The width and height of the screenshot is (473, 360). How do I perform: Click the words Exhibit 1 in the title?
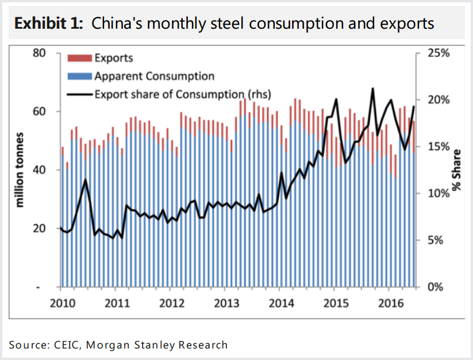tap(49, 24)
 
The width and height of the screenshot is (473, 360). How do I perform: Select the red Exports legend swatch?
tap(80, 58)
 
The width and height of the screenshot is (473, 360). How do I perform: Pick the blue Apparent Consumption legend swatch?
tap(80, 76)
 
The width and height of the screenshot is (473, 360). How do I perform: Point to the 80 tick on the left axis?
tap(38, 53)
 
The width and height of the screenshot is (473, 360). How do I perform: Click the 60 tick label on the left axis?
tap(38, 111)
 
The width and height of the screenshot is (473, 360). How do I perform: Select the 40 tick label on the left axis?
tap(38, 170)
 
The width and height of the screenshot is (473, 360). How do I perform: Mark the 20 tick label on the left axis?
tap(38, 229)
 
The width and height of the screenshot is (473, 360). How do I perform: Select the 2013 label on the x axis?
tap(226, 303)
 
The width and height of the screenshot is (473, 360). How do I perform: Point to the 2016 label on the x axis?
tap(391, 303)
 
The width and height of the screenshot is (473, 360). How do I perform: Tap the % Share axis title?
tap(457, 169)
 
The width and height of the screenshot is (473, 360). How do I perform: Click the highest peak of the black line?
tap(372, 88)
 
